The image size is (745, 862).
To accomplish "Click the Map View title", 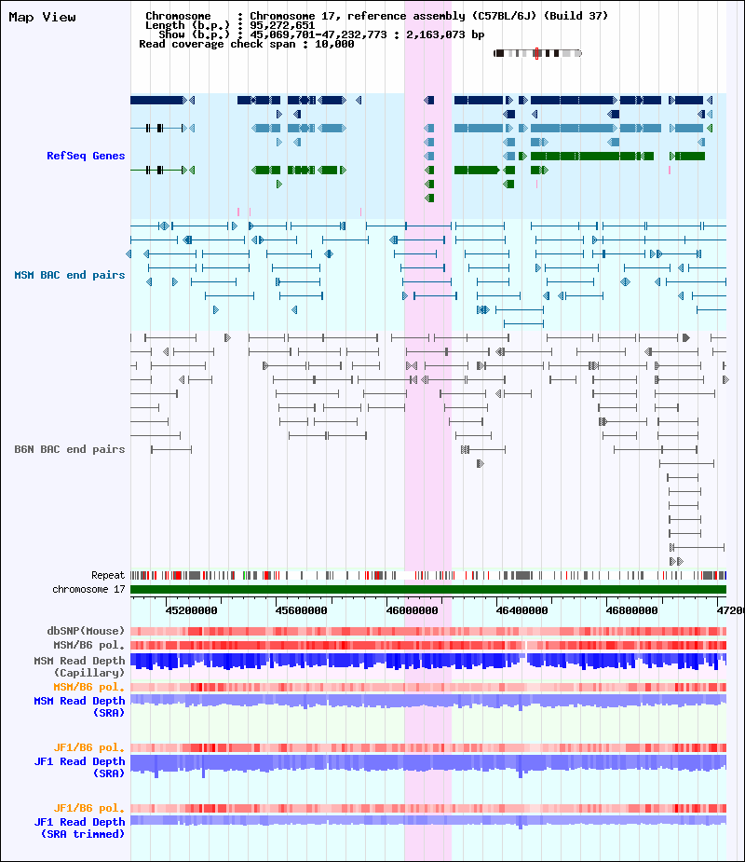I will pyautogui.click(x=42, y=18).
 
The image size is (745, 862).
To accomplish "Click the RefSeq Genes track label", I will pyautogui.click(x=86, y=156).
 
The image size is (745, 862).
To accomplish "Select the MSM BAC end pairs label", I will pyautogui.click(x=69, y=275).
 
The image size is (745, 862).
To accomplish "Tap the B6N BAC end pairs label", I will pyautogui.click(x=69, y=449).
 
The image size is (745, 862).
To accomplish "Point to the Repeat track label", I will pyautogui.click(x=108, y=576).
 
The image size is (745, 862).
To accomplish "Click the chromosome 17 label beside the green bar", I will pyautogui.click(x=88, y=590).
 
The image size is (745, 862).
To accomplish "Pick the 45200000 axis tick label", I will pyautogui.click(x=191, y=610).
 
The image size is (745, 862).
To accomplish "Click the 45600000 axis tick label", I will pyautogui.click(x=301, y=610).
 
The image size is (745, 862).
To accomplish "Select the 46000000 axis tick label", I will pyautogui.click(x=411, y=610).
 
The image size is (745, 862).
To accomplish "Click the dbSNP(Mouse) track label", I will pyautogui.click(x=86, y=631).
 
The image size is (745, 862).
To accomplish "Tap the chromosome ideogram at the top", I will pyautogui.click(x=537, y=53).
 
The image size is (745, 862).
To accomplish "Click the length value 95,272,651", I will pyautogui.click(x=282, y=25).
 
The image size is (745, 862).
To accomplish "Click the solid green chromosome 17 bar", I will pyautogui.click(x=428, y=590).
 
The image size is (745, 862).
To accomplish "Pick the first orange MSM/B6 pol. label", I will pyautogui.click(x=91, y=687).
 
